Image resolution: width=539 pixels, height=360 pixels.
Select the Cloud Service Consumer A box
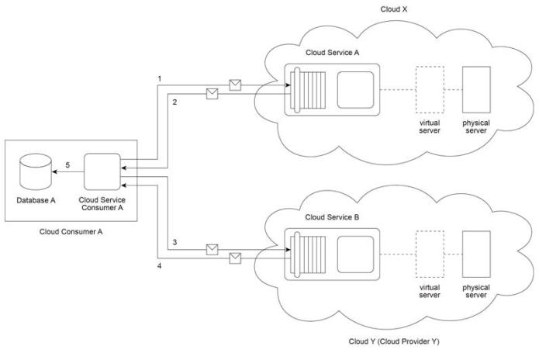101,170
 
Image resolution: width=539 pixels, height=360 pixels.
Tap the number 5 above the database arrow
67,165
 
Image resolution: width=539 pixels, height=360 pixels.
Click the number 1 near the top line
159,78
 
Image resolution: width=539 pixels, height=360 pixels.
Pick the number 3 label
175,243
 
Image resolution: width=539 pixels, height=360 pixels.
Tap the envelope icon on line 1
234,83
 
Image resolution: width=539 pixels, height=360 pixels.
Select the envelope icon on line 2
210,95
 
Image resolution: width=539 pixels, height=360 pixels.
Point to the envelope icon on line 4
234,258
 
